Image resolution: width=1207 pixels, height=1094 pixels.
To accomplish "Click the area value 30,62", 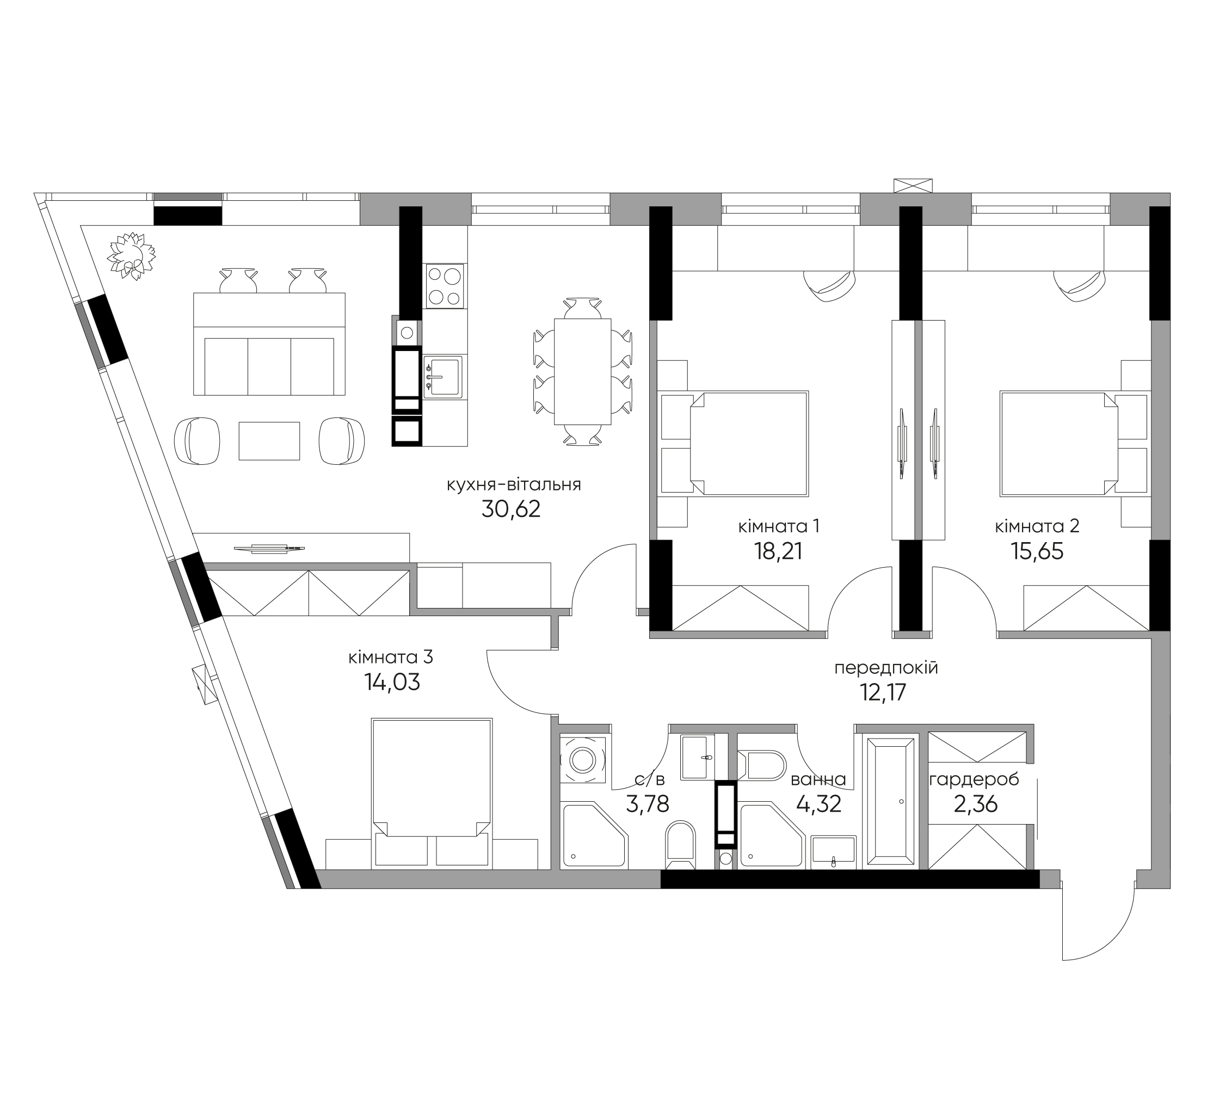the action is pyautogui.click(x=510, y=509).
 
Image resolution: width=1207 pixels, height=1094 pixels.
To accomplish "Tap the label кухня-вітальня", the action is pyautogui.click(x=514, y=484).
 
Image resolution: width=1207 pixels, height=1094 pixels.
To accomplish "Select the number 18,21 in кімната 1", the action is pyautogui.click(x=778, y=551).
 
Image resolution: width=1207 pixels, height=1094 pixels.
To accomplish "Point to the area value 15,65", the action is pyautogui.click(x=1037, y=551).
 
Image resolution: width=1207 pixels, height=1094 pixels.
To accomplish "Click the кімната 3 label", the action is pyautogui.click(x=390, y=657).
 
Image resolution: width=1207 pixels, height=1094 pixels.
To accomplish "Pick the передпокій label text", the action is pyautogui.click(x=886, y=668).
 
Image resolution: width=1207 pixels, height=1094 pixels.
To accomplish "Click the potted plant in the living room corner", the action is pyautogui.click(x=132, y=256).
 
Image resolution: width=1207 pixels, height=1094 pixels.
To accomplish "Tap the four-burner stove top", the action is pyautogui.click(x=444, y=286).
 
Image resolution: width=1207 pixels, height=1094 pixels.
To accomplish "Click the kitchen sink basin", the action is pyautogui.click(x=442, y=377).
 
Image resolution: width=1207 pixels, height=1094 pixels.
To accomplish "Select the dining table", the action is pyautogui.click(x=582, y=372).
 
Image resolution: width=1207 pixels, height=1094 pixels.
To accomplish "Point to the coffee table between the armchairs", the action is pyautogui.click(x=269, y=441).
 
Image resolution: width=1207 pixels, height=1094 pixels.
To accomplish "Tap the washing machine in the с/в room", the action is pyautogui.click(x=582, y=759).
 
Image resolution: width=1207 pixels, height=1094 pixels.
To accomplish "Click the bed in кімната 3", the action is pyautogui.click(x=432, y=793).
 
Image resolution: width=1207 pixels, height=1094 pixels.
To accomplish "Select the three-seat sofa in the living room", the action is pyautogui.click(x=269, y=345).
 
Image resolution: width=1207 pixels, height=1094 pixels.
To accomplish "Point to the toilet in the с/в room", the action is pyautogui.click(x=681, y=844).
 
